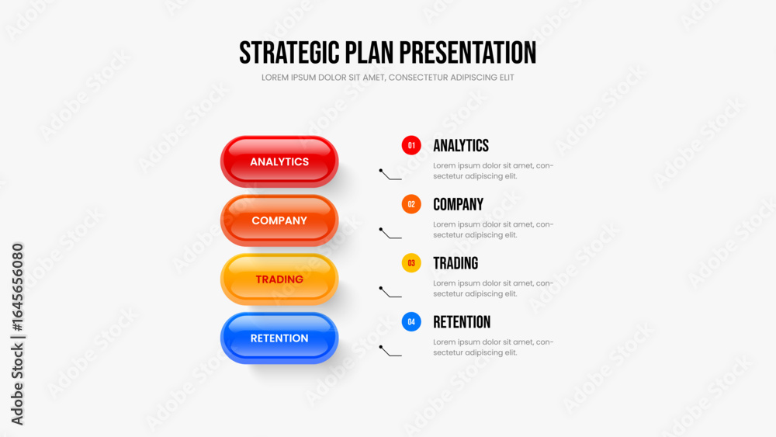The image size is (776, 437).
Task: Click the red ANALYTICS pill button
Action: (279, 161)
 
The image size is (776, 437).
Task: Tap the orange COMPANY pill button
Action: (279, 220)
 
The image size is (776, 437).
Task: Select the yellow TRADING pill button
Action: (279, 279)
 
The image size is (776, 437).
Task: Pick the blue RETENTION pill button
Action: (279, 338)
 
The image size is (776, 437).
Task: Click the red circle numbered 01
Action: (411, 145)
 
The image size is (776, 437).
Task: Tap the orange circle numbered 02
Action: (411, 204)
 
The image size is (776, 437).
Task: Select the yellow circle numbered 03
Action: (411, 263)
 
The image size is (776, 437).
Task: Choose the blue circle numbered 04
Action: (411, 322)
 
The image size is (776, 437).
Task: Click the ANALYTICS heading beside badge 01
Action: (461, 145)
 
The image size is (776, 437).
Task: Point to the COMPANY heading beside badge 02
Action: (459, 204)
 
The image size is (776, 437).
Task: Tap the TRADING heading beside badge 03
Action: (456, 263)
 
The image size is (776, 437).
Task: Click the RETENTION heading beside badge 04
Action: (462, 322)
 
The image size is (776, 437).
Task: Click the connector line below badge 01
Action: (389, 176)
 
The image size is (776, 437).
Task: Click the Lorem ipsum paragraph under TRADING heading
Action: (493, 289)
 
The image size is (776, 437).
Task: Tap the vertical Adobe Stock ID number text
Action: (17, 287)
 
